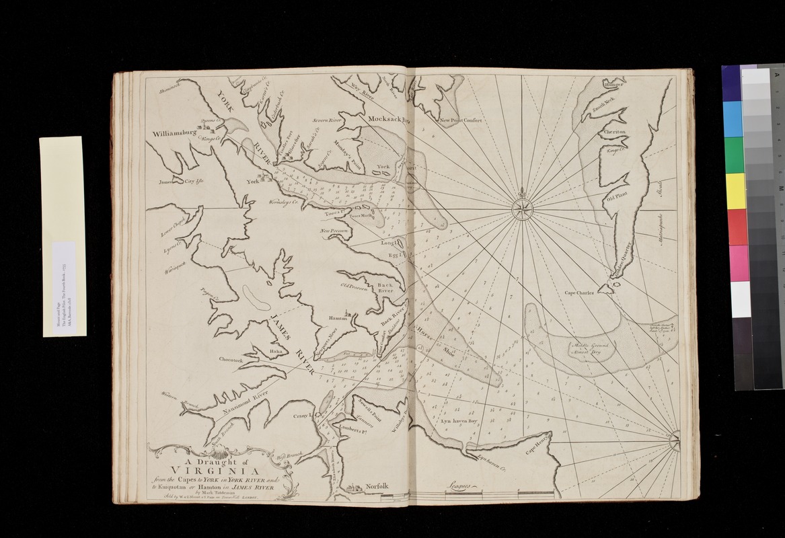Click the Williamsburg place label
(171, 133)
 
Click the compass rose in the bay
(522, 208)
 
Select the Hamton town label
(337, 319)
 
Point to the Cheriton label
(615, 132)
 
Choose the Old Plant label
(617, 198)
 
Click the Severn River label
(328, 120)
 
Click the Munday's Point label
(347, 159)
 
